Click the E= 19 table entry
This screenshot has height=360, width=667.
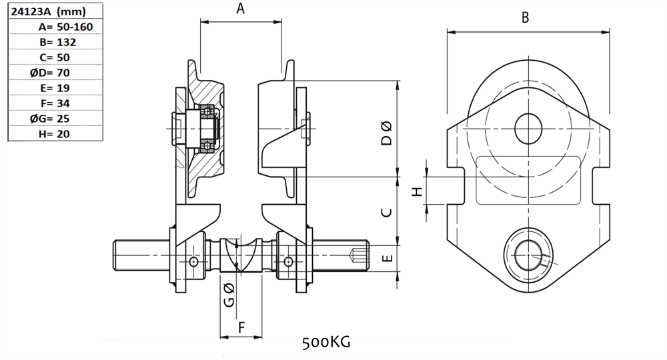click(55, 88)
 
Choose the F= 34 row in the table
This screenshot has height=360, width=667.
click(55, 103)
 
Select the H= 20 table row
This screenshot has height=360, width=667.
click(55, 133)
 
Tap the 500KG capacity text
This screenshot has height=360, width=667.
click(326, 343)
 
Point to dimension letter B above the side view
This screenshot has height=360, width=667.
click(526, 18)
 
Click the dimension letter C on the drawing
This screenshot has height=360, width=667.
click(386, 213)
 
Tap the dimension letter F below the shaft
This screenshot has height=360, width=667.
click(241, 327)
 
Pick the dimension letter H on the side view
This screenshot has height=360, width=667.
click(418, 192)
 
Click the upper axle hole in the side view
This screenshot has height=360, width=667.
click(528, 127)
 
